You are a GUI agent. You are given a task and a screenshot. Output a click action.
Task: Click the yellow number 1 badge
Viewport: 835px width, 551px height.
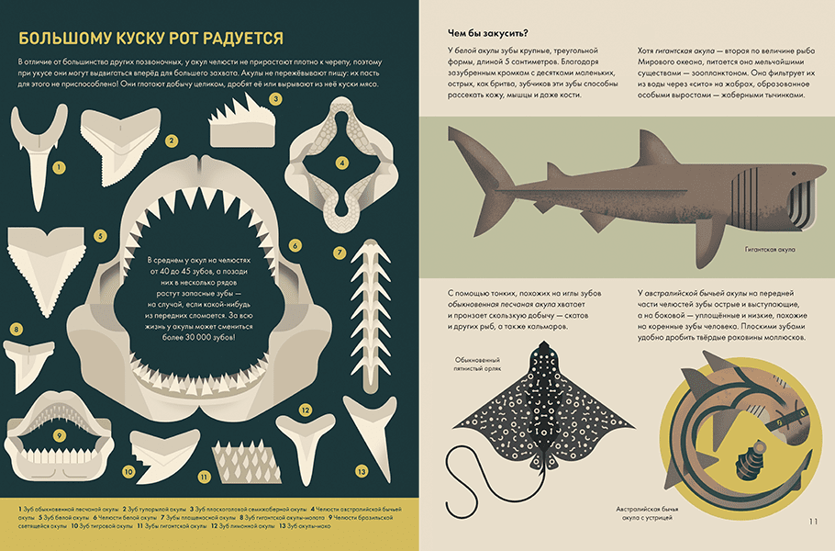coord(59,168)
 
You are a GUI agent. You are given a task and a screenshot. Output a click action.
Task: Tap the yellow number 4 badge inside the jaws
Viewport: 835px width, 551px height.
coord(342,163)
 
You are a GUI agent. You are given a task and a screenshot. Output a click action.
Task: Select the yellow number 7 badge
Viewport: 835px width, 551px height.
coord(340,252)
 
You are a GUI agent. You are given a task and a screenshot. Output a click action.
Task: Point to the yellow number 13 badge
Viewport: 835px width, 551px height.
coord(362,471)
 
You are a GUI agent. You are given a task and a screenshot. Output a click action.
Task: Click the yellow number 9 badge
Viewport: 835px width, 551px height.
coord(59,435)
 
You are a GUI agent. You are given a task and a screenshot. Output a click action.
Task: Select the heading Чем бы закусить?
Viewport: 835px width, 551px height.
coord(487,33)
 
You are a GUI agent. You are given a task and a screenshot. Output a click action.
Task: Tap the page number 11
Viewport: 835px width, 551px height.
coord(813,522)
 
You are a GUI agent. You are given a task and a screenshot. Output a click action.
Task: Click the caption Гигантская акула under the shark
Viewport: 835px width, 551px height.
coord(770,250)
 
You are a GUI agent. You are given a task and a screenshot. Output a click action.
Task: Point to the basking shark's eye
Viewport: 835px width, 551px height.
coord(794,174)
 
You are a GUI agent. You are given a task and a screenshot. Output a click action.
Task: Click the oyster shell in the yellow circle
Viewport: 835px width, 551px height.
coord(750,460)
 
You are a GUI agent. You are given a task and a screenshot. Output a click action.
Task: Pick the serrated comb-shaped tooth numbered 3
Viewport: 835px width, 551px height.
coord(243,123)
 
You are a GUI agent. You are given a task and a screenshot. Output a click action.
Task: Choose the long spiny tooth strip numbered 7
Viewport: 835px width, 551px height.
coord(372,317)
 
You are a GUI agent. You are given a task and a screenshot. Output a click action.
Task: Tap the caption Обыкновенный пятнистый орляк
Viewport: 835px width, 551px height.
coord(477,365)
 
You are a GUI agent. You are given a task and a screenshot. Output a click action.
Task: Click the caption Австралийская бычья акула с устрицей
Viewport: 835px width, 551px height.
coord(647,512)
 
